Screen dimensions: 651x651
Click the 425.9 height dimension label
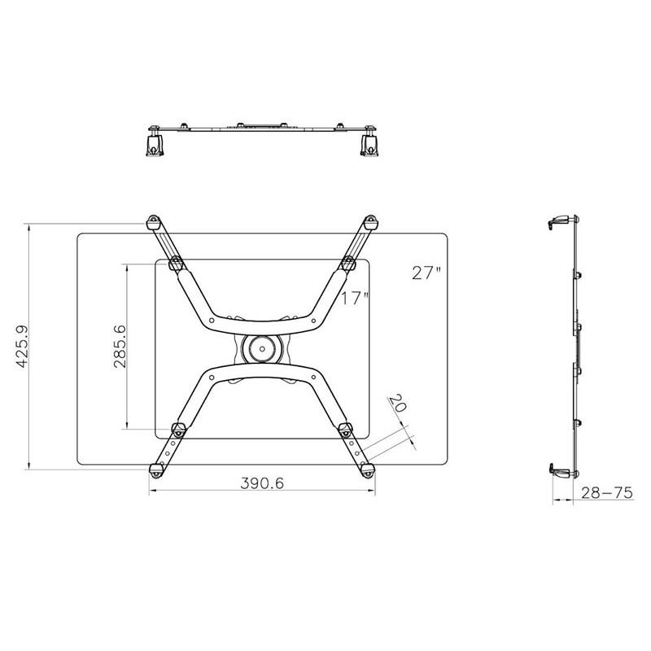click(x=22, y=347)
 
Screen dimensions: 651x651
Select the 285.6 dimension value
click(x=120, y=347)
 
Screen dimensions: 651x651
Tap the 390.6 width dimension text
click(x=262, y=483)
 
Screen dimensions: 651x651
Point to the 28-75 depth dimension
click(x=606, y=493)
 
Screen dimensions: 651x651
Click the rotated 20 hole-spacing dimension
click(x=397, y=403)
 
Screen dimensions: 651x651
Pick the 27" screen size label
click(x=426, y=273)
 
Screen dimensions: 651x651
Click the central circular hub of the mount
click(x=263, y=349)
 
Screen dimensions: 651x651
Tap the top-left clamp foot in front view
click(x=153, y=222)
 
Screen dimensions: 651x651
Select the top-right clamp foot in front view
click(x=370, y=222)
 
